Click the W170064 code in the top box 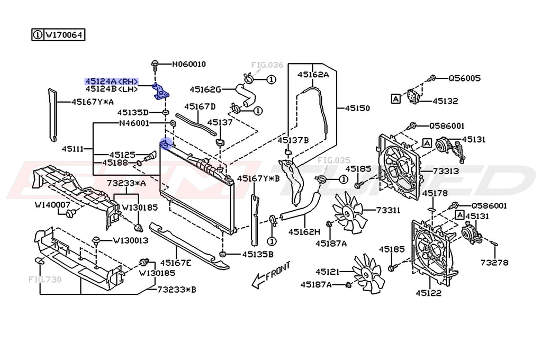coord(64,35)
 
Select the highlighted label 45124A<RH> coord(112,82)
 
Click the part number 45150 coord(357,108)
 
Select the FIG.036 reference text coord(267,65)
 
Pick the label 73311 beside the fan coord(389,210)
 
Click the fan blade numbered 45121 coord(366,273)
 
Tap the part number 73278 coord(494,262)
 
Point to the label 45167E coord(176,262)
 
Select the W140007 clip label coord(49,204)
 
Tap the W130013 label coord(130,240)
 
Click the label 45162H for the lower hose coord(304,231)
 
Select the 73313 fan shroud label coord(446,172)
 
